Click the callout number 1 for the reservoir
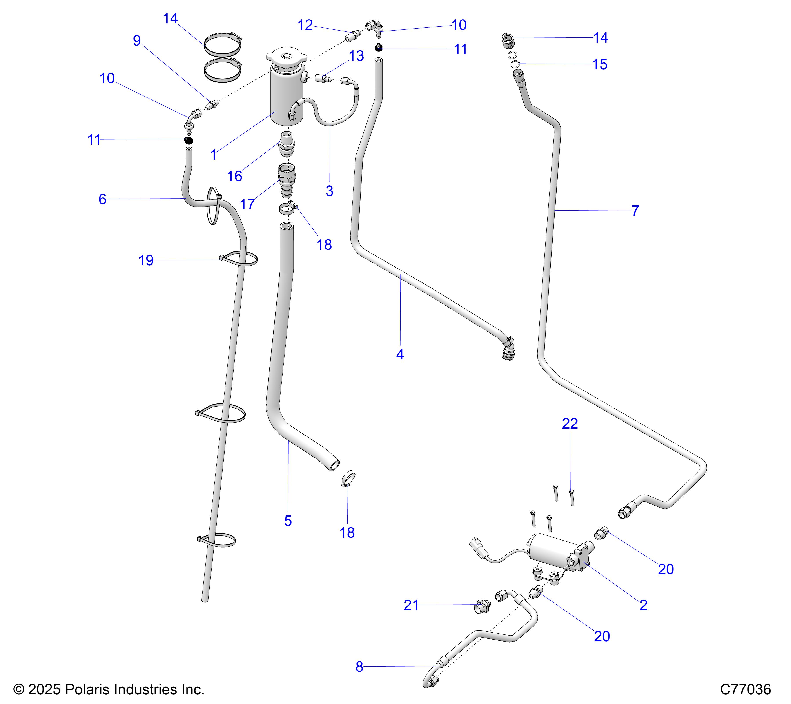[x=213, y=155]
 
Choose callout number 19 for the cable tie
[x=146, y=260]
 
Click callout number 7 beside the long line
[x=635, y=211]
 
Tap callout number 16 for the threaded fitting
[x=234, y=176]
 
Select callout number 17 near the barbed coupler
[x=247, y=204]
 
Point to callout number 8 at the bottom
[x=359, y=666]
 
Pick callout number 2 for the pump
[x=644, y=605]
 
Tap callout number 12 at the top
[x=305, y=25]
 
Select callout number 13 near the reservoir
[x=356, y=56]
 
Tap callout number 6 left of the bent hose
[x=102, y=199]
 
